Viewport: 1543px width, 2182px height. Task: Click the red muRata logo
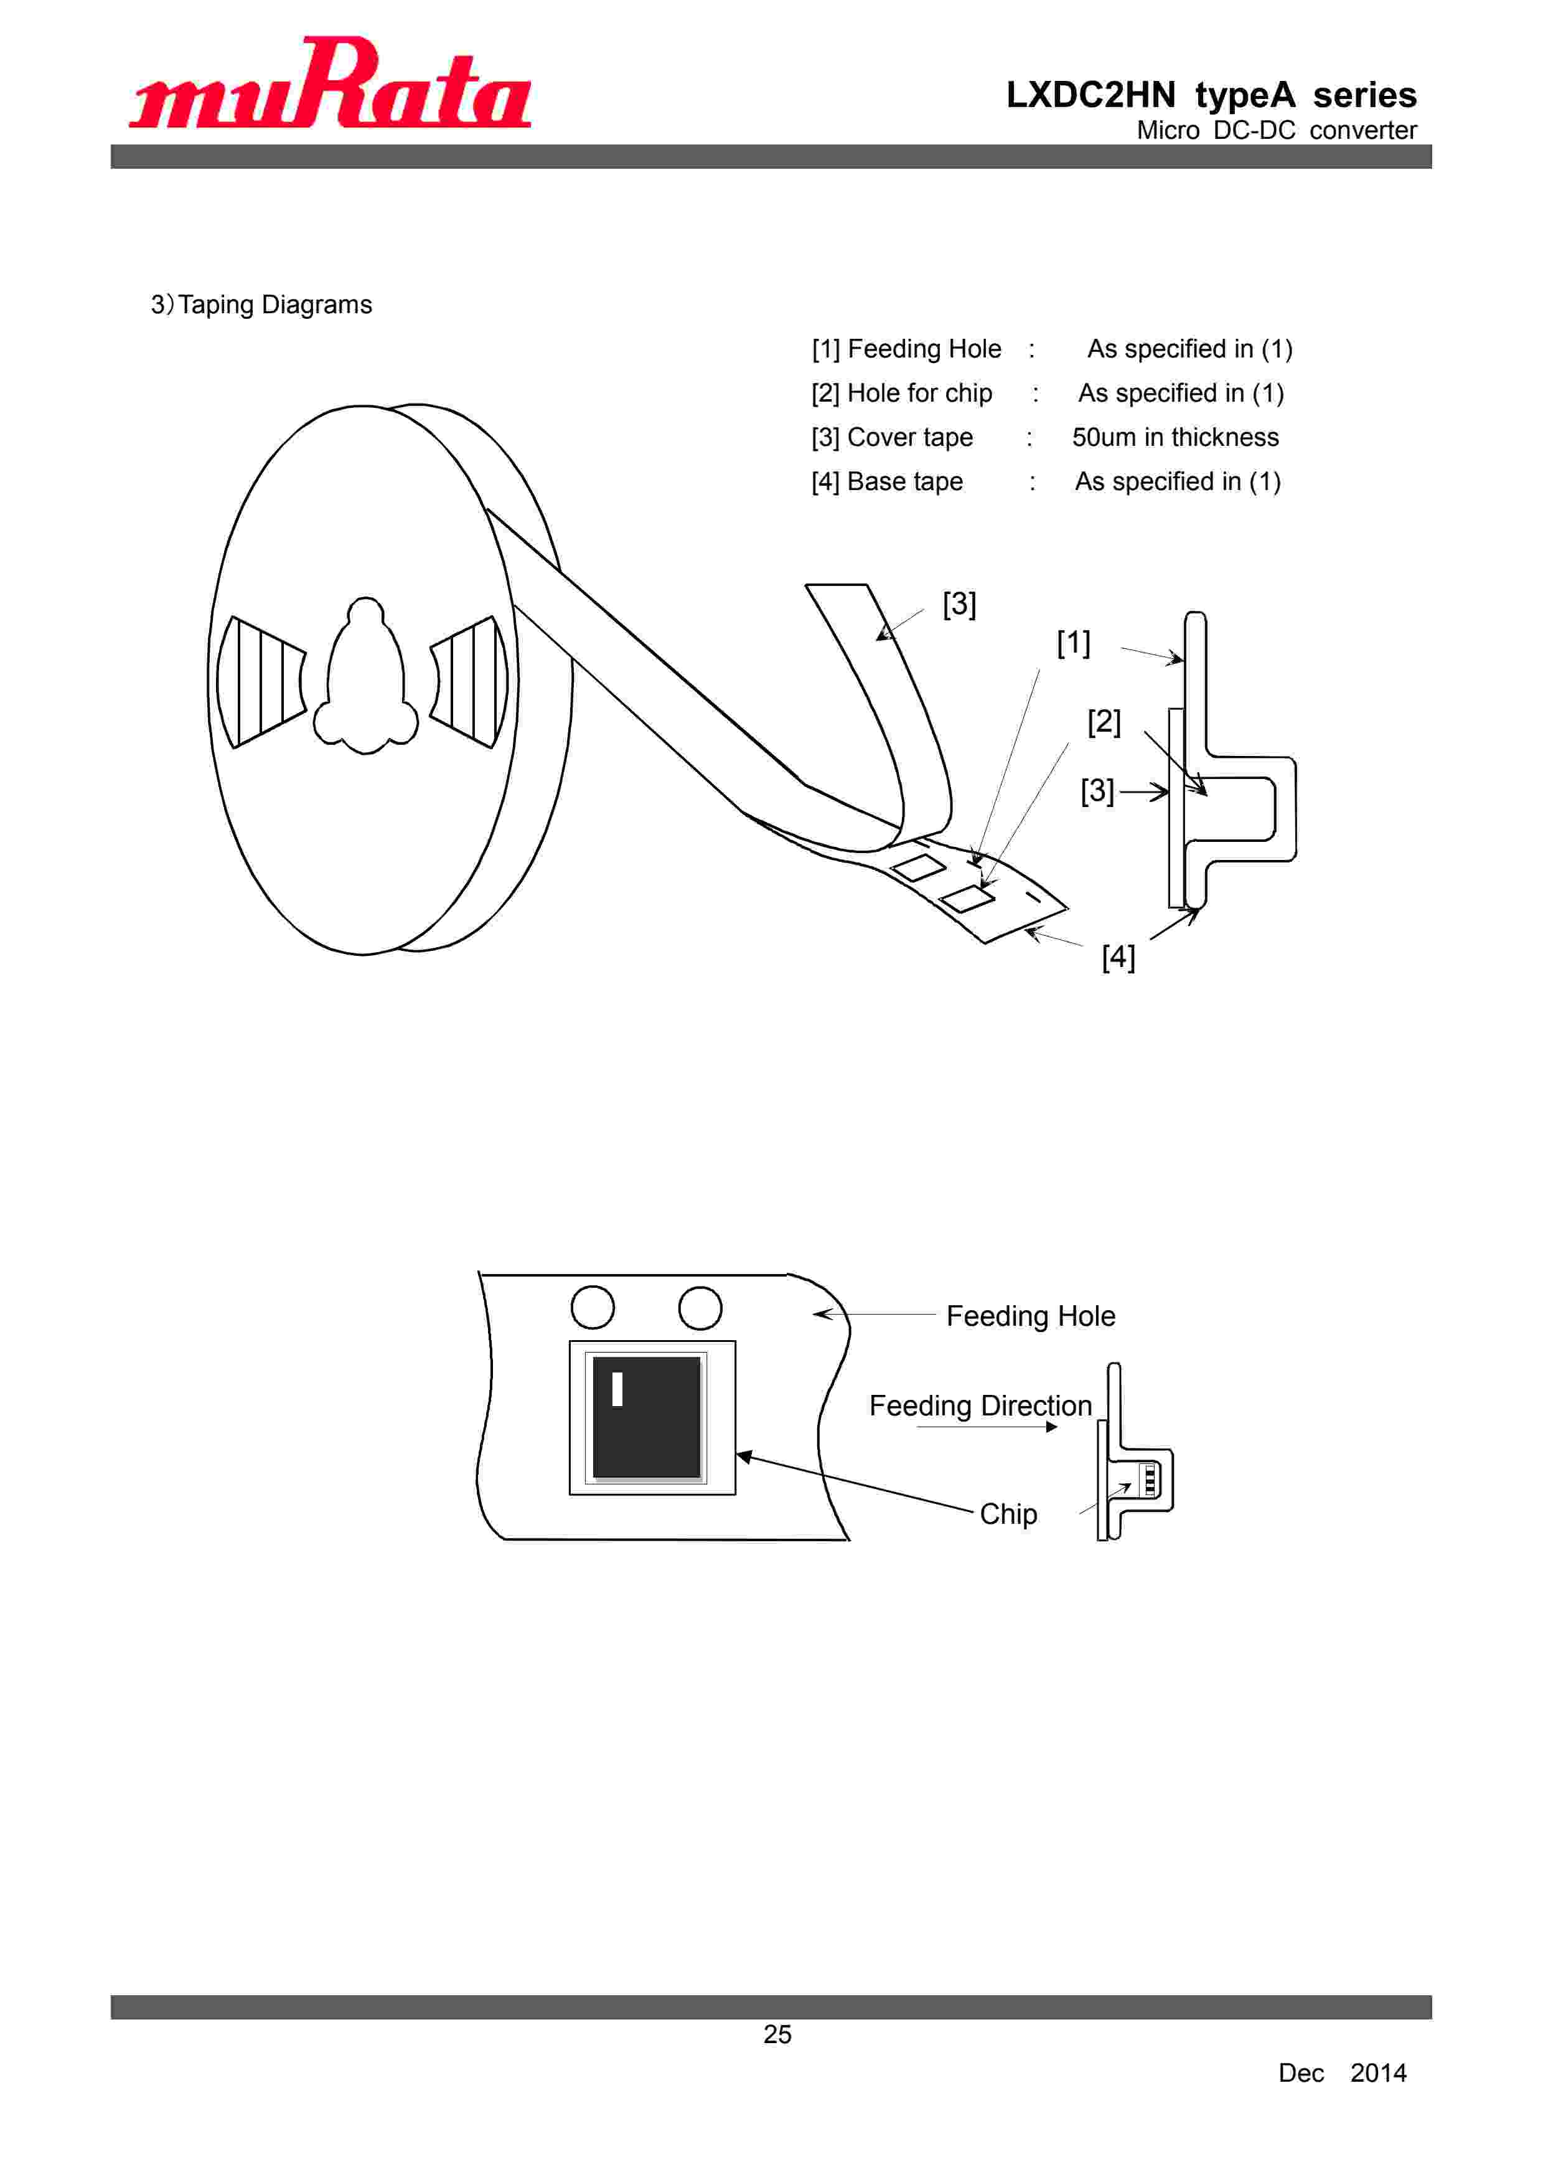click(330, 83)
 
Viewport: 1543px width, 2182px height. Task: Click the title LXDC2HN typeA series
click(1211, 95)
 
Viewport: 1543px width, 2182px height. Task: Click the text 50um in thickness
click(1175, 437)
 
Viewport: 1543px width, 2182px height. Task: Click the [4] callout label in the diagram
click(1119, 957)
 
